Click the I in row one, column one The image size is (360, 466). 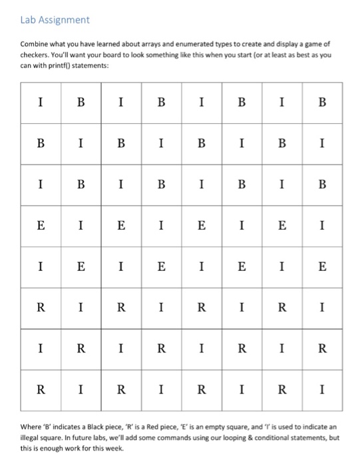41,103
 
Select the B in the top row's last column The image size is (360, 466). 322,103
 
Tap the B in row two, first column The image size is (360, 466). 41,143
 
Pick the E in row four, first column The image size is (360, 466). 41,226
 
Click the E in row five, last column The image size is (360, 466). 322,267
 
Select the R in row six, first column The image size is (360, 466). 41,308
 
